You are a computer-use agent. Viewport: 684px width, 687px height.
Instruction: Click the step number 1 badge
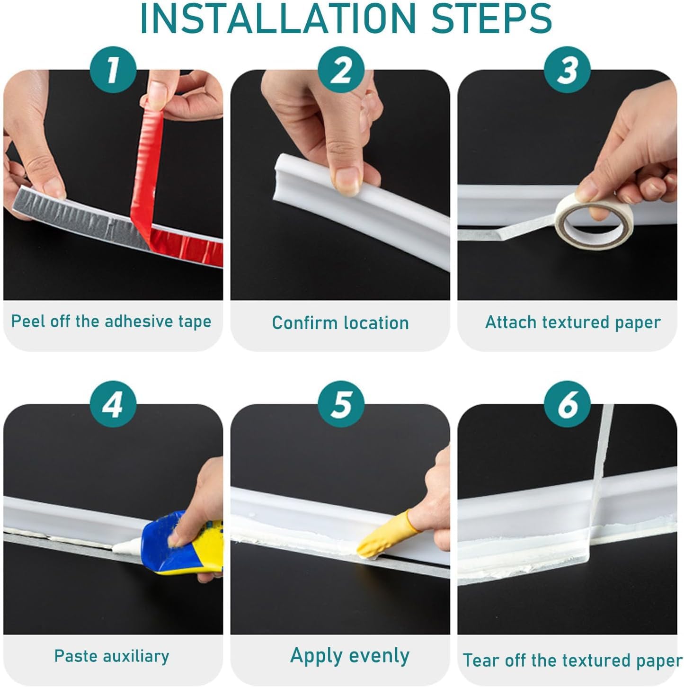tap(113, 70)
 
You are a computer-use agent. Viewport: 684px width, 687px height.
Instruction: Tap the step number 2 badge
tap(341, 70)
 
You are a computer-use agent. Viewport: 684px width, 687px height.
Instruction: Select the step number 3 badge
tap(567, 70)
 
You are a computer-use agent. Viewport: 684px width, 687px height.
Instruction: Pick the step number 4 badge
tap(113, 404)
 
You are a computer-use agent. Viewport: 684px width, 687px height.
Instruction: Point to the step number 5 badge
tap(341, 404)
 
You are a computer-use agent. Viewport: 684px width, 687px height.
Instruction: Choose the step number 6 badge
tap(567, 404)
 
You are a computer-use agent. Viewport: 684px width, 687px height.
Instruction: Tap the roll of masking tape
tap(594, 221)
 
